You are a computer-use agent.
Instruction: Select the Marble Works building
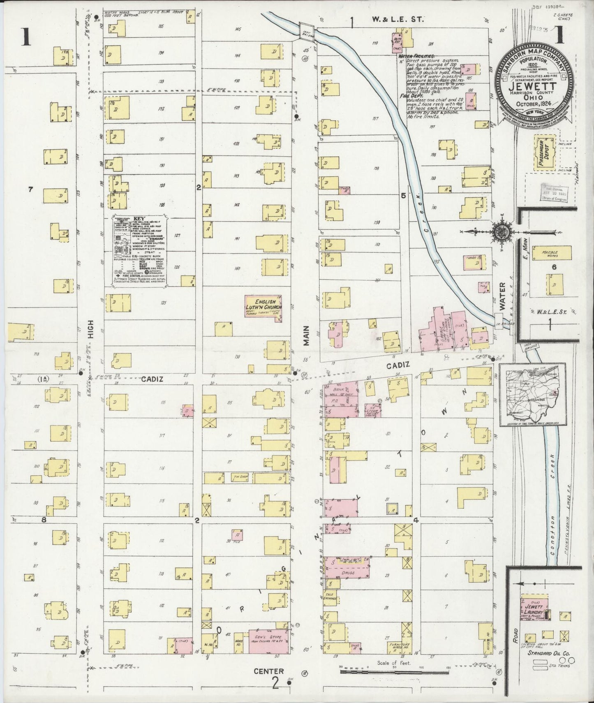coord(551,253)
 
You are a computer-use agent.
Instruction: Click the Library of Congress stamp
coord(554,192)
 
